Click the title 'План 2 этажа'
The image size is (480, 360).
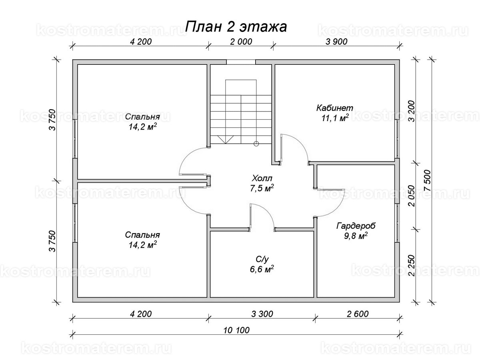(236, 27)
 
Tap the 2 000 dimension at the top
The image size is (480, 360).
(240, 42)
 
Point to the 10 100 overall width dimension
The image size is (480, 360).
(237, 330)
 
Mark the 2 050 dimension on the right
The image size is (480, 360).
(411, 196)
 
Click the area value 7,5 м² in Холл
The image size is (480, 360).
(263, 188)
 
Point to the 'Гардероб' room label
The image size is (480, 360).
(356, 226)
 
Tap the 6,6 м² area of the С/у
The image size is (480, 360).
(263, 269)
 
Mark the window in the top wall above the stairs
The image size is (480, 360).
(241, 62)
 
